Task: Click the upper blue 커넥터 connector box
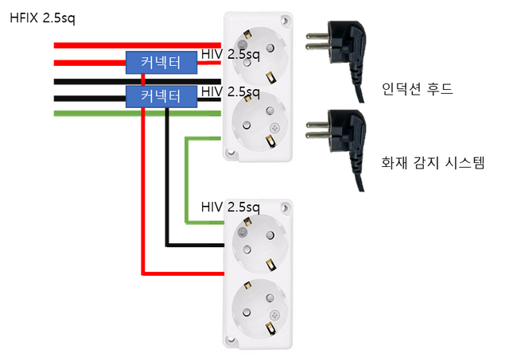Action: point(161,61)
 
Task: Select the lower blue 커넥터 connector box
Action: point(161,96)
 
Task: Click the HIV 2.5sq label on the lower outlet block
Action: point(232,207)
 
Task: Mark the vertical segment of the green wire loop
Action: point(185,180)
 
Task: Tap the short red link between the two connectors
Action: point(143,79)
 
